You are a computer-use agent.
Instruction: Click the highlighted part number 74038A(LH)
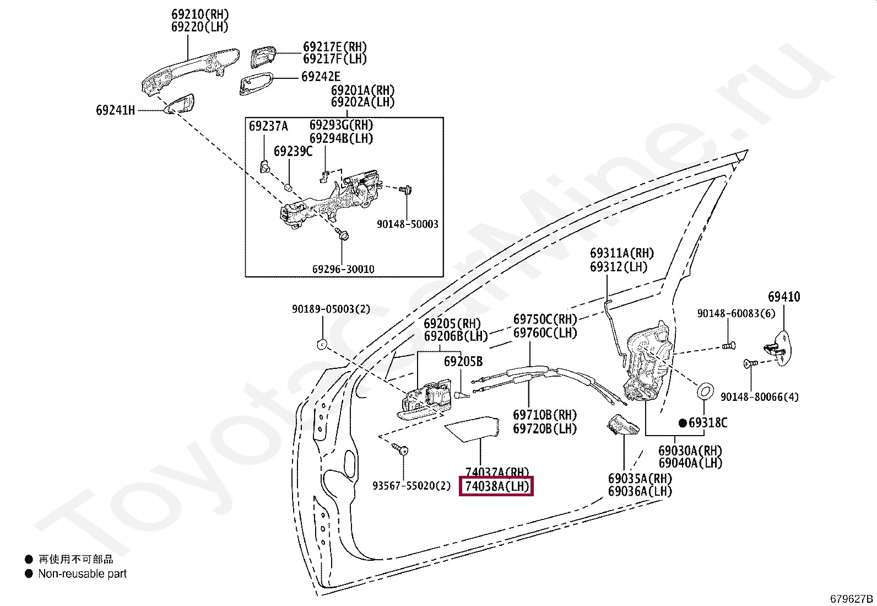pos(496,486)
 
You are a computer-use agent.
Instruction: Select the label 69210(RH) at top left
pos(199,14)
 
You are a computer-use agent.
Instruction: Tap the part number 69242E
pos(321,77)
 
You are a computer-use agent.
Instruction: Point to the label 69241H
pos(115,110)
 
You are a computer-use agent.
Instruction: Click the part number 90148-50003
pos(407,224)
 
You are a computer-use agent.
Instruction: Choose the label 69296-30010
pos(343,269)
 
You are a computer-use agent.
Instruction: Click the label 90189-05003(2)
pos(331,309)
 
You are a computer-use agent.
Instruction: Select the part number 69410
pos(784,297)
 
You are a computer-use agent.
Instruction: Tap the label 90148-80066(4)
pos(759,397)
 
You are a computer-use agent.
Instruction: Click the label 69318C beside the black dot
pos(707,423)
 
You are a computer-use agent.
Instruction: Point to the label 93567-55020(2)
pos(412,486)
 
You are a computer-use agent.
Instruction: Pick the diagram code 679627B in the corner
pos(852,599)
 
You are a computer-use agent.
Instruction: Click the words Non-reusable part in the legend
pos(82,573)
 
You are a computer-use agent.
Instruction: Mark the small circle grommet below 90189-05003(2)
pos(322,345)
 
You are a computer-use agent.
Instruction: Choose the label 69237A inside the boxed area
pos(268,126)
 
